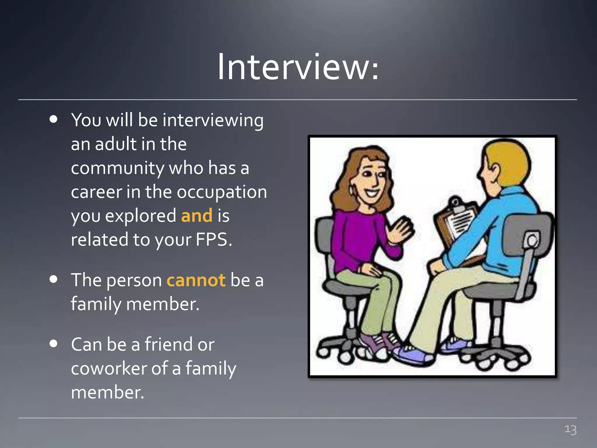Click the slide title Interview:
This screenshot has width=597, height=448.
pyautogui.click(x=298, y=67)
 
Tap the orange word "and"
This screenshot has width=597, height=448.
pyautogui.click(x=197, y=216)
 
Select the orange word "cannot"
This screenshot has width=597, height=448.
pyautogui.click(x=196, y=280)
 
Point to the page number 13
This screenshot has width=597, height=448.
pyautogui.click(x=570, y=430)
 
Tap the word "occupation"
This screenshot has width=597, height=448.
pyautogui.click(x=222, y=192)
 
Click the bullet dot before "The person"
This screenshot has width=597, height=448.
pyautogui.click(x=53, y=279)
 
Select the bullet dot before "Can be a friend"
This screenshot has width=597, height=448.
pyautogui.click(x=53, y=343)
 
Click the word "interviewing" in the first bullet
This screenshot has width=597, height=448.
pyautogui.click(x=213, y=120)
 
